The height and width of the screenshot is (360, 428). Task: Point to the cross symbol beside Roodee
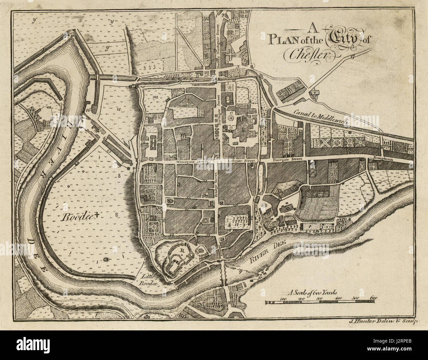coord(97,216)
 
